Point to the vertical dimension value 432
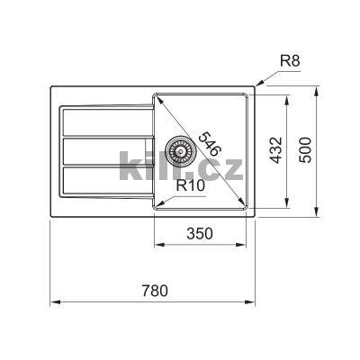276,148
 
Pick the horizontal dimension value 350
200,233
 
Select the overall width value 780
155,290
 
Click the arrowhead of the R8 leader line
257,87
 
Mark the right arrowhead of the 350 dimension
249,244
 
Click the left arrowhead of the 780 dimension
49,301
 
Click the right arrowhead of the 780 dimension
257,301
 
